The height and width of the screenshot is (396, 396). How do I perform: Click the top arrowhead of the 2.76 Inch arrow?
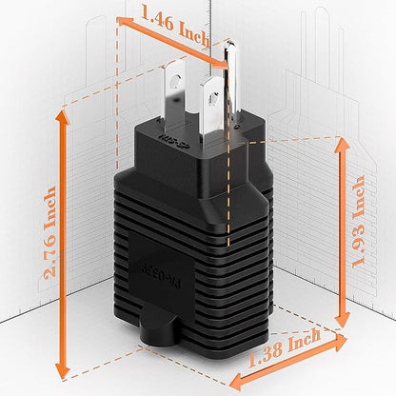63,112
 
